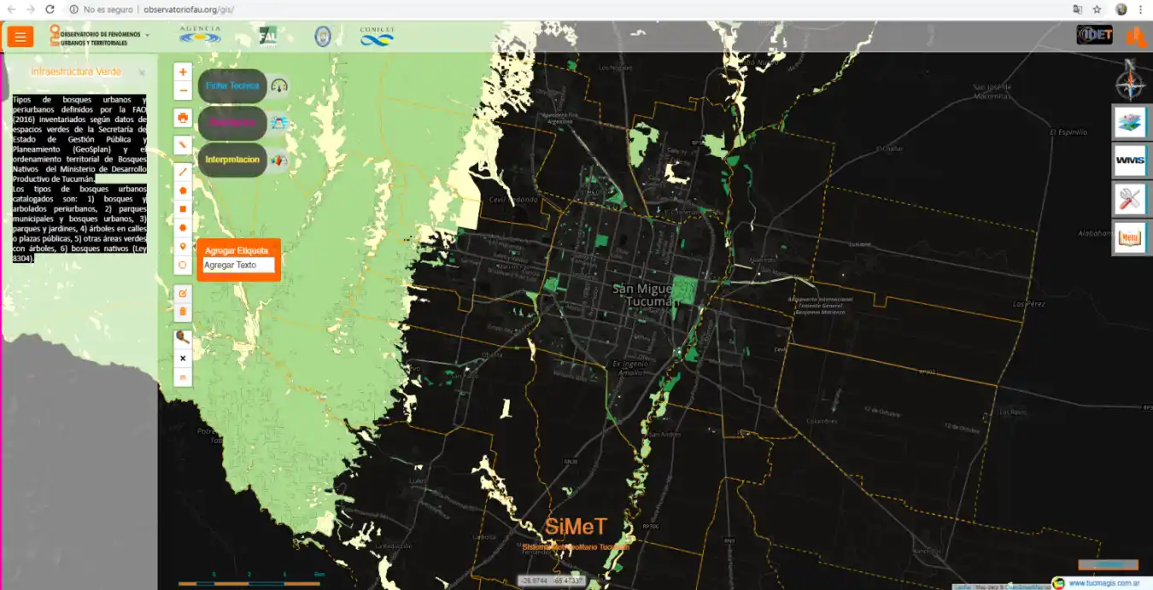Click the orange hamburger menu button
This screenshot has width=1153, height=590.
(20, 37)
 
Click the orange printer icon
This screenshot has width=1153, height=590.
(183, 117)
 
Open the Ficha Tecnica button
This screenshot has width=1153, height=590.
(232, 85)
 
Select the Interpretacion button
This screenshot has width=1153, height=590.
(232, 160)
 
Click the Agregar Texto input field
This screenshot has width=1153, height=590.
(238, 265)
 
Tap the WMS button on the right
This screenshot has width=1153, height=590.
(1129, 161)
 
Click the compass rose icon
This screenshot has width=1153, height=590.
(1129, 82)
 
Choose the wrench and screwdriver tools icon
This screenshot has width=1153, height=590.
(1129, 199)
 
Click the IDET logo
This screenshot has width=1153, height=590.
(1094, 35)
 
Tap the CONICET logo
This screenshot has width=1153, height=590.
(377, 36)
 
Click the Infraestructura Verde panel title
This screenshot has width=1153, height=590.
(76, 72)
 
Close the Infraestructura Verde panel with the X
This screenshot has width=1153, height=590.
(142, 73)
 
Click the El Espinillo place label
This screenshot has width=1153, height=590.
(1068, 132)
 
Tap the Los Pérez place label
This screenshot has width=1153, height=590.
(1028, 304)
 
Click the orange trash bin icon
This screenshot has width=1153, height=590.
(183, 313)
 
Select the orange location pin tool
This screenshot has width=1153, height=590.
(183, 247)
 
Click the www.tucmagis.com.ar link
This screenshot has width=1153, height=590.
(1103, 583)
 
